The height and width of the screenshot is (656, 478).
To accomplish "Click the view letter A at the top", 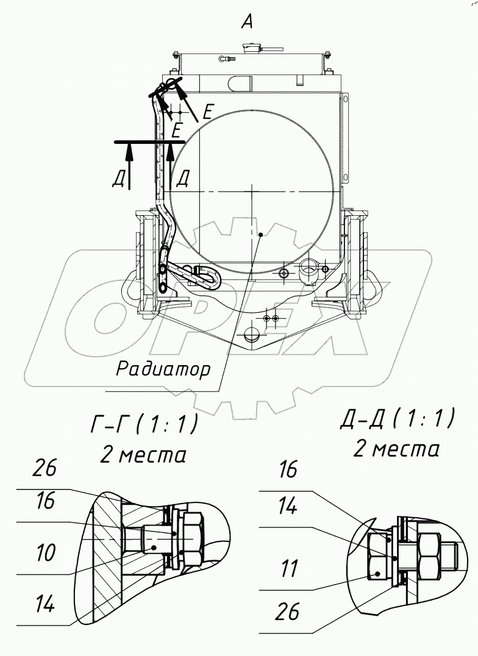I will tap(246, 22).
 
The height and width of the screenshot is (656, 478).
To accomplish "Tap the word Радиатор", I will tap(163, 369).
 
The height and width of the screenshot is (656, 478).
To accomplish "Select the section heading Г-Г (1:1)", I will tap(144, 424).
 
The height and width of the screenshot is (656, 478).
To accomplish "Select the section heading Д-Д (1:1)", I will tap(396, 419).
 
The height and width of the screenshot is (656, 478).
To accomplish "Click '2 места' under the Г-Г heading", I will tap(143, 454).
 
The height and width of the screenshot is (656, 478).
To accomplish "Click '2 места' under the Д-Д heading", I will tap(396, 449).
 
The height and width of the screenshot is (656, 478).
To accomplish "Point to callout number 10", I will tap(46, 554).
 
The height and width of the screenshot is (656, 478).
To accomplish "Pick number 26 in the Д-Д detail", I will tap(288, 611).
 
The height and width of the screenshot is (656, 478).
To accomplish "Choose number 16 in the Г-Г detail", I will tap(46, 501).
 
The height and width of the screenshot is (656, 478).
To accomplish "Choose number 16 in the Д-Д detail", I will tap(288, 469).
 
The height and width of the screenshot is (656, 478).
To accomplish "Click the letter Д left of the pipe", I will tap(118, 179).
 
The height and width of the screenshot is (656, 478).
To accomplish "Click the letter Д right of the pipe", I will tap(183, 179).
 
